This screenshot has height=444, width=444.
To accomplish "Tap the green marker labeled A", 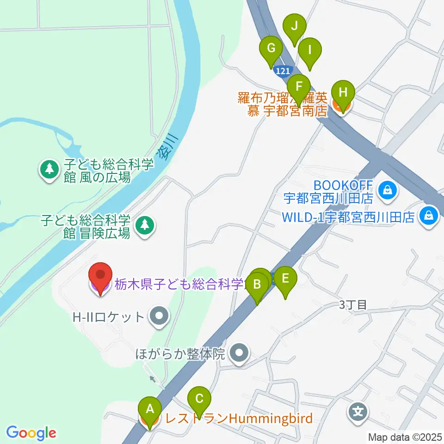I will click(150, 409).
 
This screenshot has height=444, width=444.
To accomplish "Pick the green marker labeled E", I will click(285, 279).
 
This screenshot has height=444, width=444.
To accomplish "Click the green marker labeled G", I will click(271, 49).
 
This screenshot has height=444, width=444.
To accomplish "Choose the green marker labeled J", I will click(295, 26).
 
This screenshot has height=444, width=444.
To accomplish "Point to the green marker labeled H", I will click(343, 92).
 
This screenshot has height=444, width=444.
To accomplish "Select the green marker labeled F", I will click(299, 86).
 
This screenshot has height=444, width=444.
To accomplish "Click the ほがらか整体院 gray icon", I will click(239, 354).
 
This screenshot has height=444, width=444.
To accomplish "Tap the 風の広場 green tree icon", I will click(49, 170).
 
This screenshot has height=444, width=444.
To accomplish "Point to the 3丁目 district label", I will click(353, 305).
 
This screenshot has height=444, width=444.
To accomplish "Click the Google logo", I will click(31, 433).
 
